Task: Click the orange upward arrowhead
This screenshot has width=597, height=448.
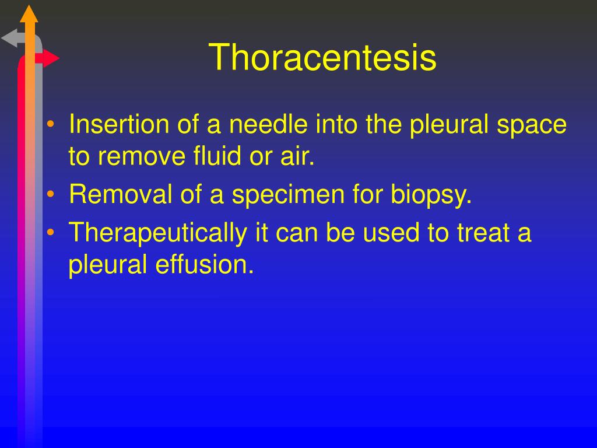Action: point(29,13)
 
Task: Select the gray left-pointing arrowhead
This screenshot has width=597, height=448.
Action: point(10,39)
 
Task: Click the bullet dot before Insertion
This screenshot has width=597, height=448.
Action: point(51,125)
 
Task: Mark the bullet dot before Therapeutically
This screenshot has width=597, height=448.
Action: point(51,233)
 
